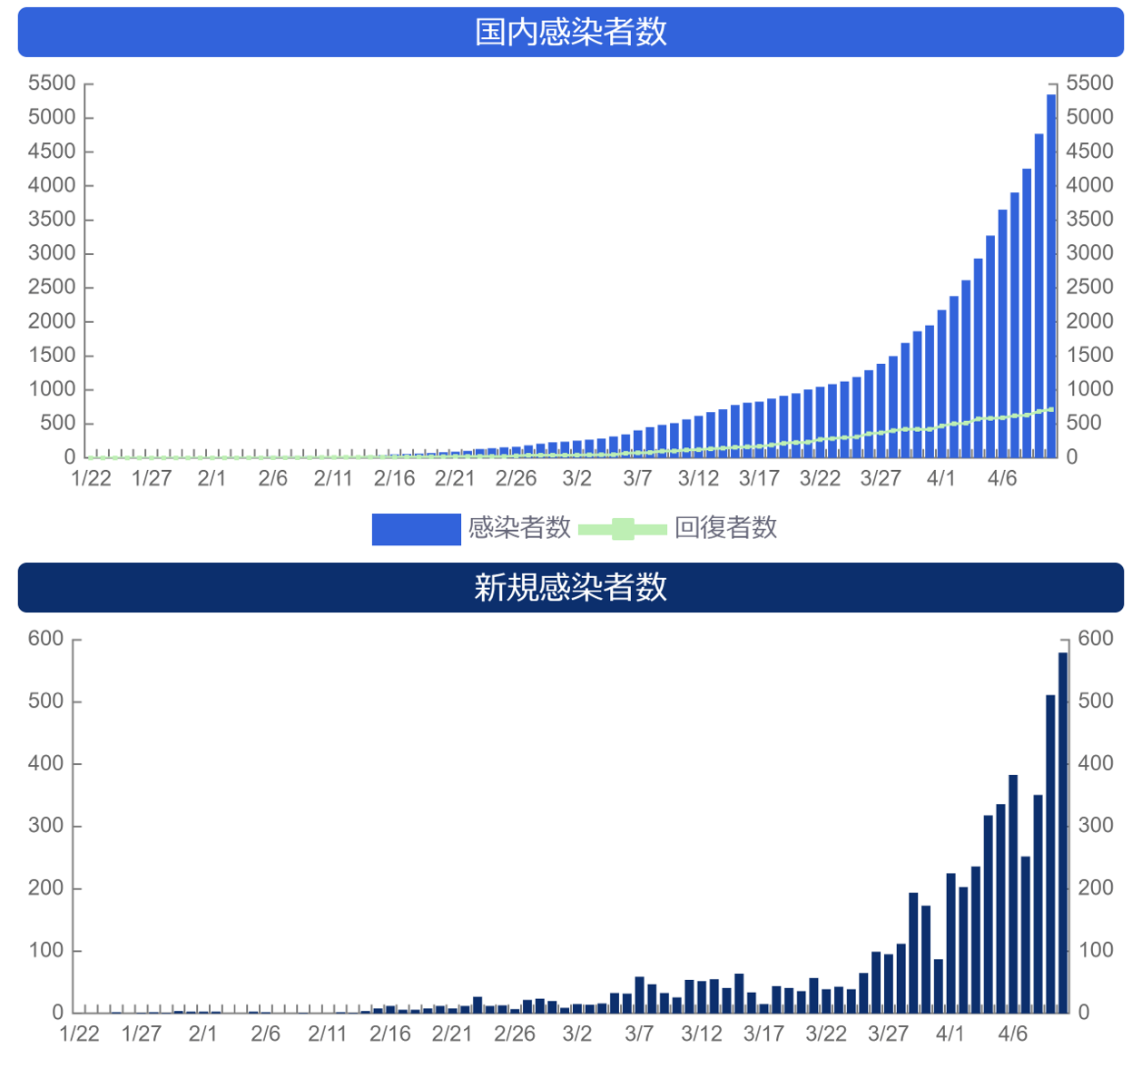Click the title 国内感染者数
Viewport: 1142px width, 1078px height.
click(570, 33)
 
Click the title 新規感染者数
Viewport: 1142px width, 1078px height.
click(570, 588)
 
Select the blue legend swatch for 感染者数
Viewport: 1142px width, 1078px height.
click(416, 529)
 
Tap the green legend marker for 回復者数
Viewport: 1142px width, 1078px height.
click(623, 529)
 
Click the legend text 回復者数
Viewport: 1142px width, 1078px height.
click(725, 528)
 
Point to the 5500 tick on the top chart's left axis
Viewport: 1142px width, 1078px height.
click(52, 83)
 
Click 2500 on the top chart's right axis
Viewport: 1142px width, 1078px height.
click(1089, 288)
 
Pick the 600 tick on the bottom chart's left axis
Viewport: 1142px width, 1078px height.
click(45, 639)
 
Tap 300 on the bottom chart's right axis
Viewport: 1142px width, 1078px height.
click(1095, 826)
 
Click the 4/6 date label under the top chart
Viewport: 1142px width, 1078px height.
click(1002, 479)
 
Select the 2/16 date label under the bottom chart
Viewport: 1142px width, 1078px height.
click(390, 1034)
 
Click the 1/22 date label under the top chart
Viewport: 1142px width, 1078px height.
click(91, 479)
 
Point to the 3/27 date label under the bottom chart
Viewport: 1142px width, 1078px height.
click(888, 1034)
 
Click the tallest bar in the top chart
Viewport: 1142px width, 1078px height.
click(1051, 272)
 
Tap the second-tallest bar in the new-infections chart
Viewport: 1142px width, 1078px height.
click(1050, 853)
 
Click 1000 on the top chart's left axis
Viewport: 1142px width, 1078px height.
click(52, 390)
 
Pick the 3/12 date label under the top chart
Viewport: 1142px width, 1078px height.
click(698, 479)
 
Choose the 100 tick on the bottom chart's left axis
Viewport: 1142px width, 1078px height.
click(45, 951)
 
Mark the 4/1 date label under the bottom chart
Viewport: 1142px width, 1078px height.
click(950, 1034)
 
